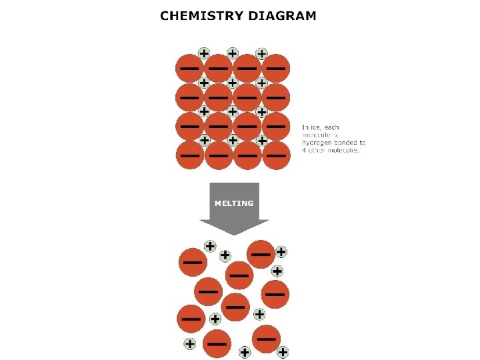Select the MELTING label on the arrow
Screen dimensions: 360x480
233,203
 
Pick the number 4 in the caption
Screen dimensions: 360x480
305,151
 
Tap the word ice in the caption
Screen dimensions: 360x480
315,127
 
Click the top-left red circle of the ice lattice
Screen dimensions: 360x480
189,69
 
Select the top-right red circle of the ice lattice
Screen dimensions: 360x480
276,69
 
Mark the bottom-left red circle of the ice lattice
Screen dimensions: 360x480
189,156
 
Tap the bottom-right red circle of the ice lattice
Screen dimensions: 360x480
276,156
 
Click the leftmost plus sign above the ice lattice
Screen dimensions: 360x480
204,53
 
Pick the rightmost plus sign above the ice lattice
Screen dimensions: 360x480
261,53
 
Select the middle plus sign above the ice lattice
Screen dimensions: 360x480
233,53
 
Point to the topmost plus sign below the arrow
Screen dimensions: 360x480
210,245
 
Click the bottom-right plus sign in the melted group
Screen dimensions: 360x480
283,351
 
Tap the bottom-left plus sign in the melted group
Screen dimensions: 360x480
190,344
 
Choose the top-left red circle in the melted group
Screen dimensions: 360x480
193,262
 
